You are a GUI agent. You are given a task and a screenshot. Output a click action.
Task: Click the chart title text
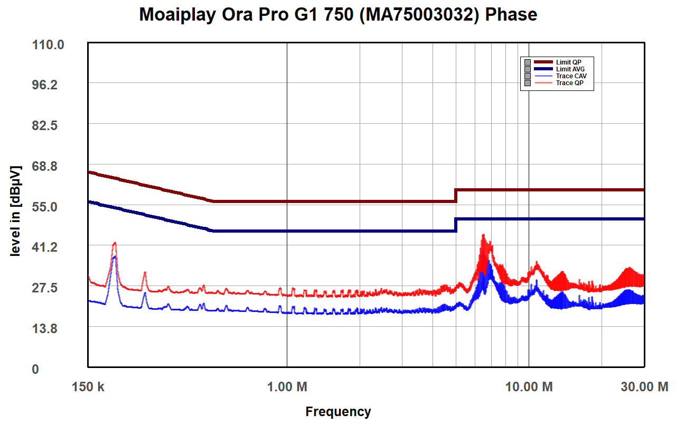tap(338, 14)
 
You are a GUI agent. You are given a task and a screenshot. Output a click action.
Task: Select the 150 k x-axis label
tap(88, 387)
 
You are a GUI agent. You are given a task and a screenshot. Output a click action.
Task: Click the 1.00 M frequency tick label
tap(287, 387)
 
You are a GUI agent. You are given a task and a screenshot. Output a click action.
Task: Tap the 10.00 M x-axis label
tap(529, 387)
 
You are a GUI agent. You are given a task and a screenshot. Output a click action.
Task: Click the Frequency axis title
tap(338, 411)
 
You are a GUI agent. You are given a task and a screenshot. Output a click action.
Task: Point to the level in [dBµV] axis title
tap(15, 212)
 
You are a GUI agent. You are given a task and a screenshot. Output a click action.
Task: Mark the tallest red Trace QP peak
tap(483, 235)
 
